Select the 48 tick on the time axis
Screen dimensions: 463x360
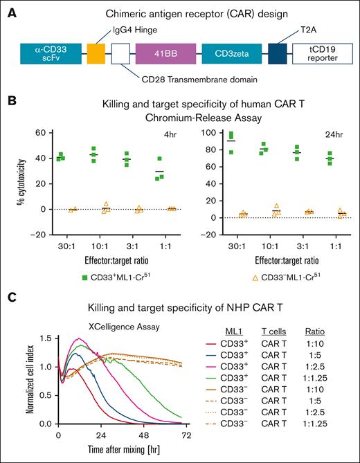(144, 436)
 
